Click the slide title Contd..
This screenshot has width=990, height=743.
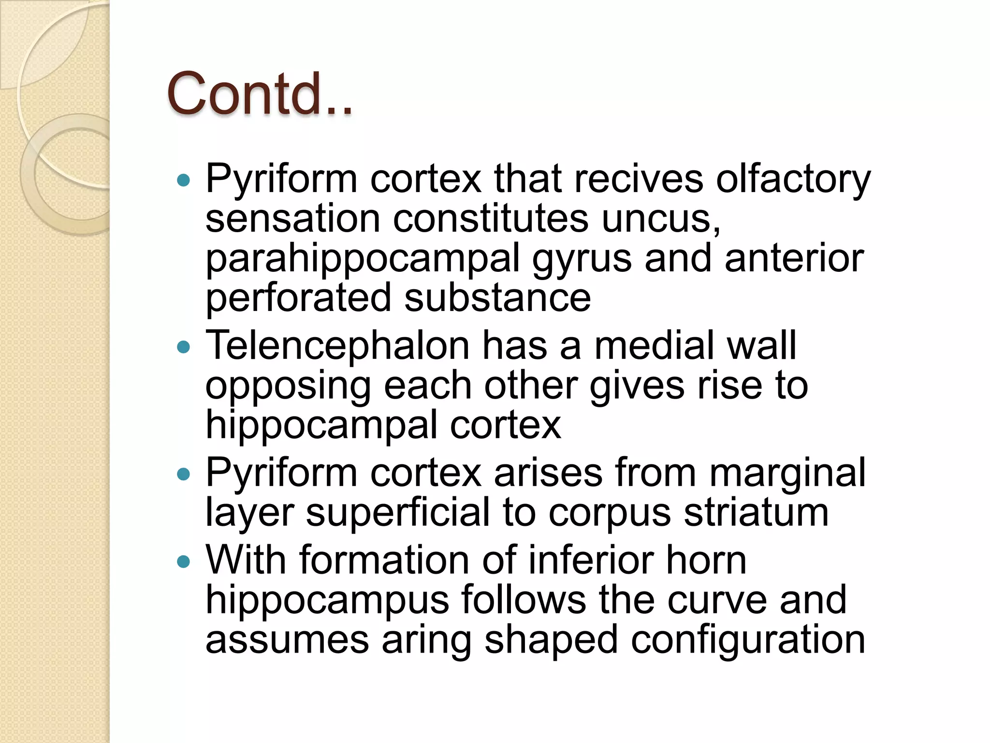260,94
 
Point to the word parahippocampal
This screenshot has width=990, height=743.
363,259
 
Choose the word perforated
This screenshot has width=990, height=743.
298,298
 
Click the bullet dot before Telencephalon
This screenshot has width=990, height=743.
184,347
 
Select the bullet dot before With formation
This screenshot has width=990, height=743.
184,562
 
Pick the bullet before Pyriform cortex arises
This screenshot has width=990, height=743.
184,474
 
